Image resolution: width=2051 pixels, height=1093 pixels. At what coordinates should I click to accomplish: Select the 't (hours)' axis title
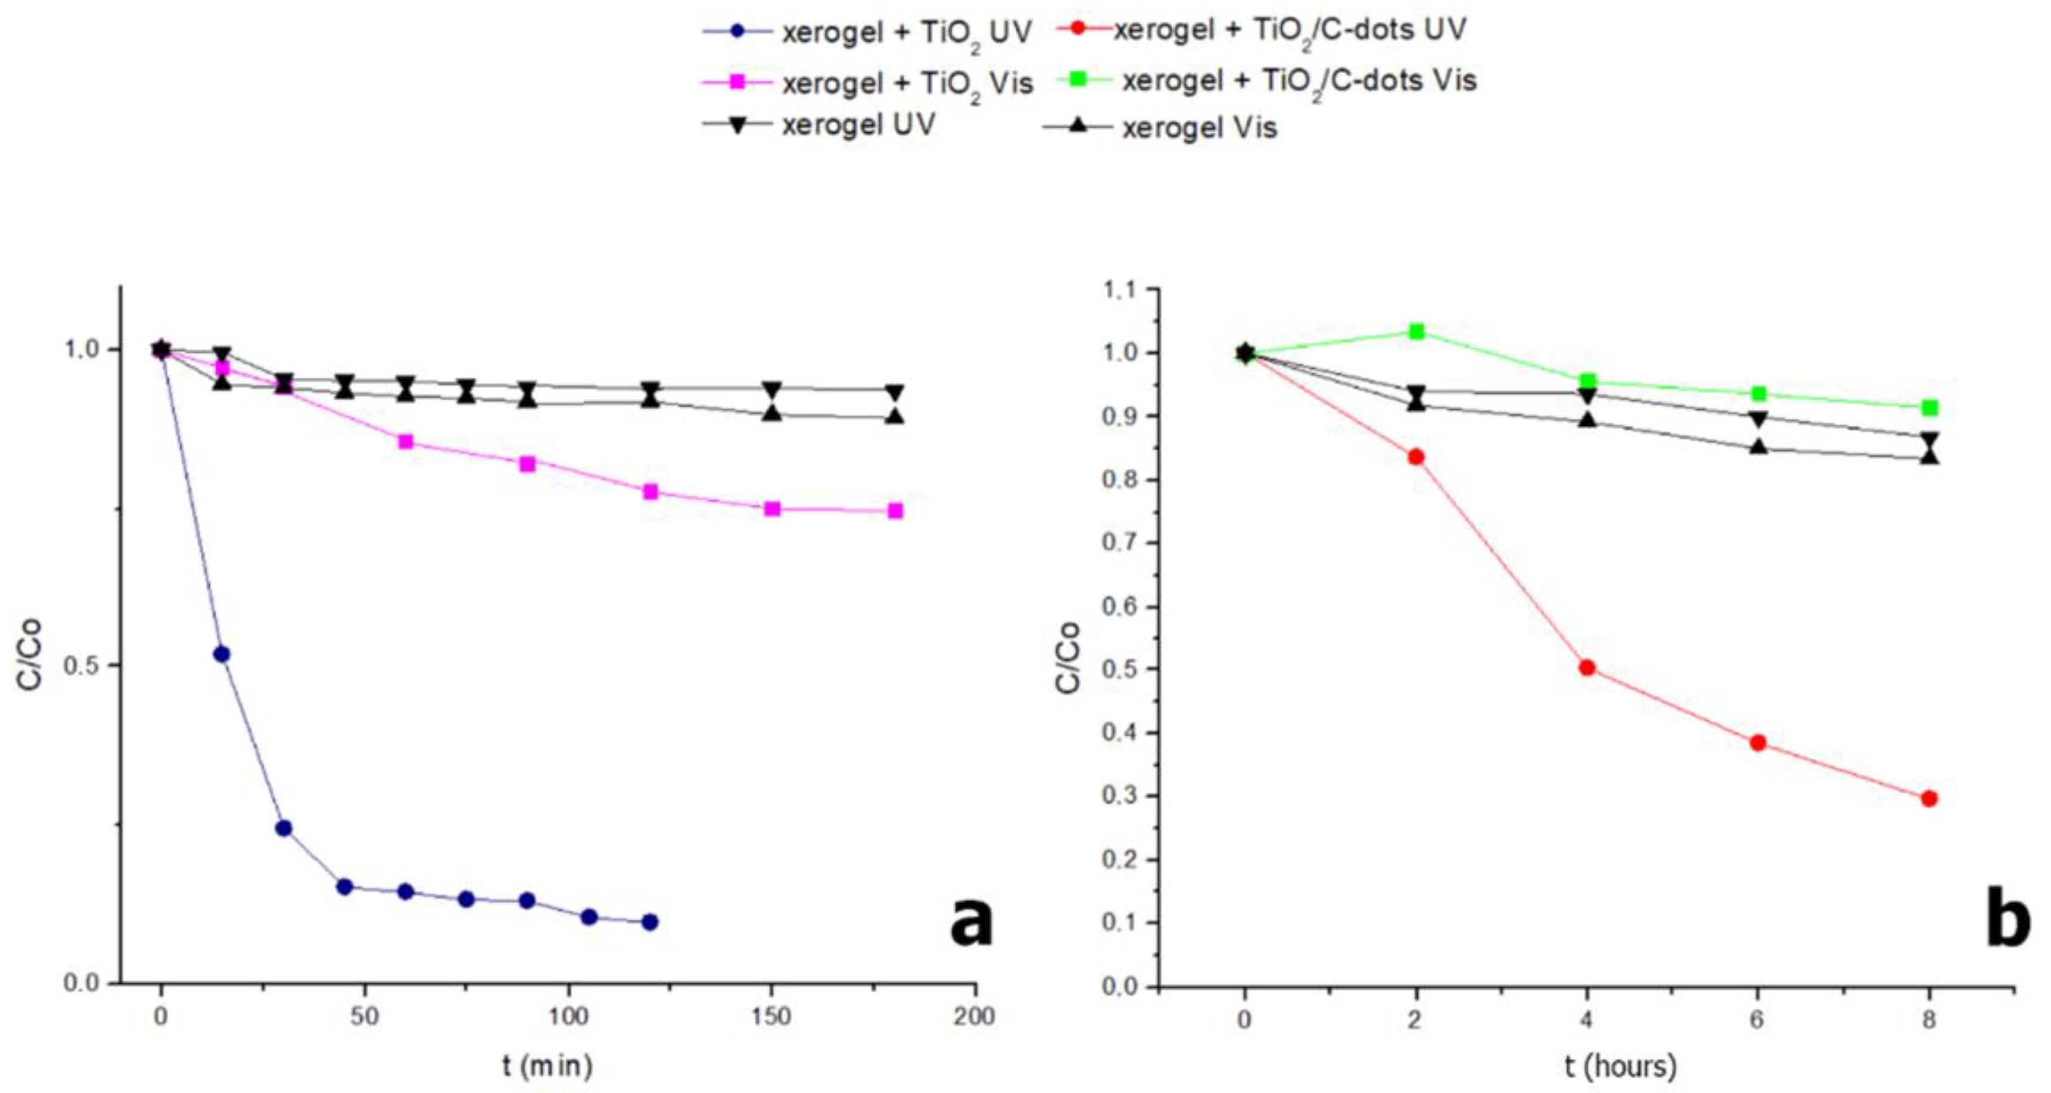click(1620, 1065)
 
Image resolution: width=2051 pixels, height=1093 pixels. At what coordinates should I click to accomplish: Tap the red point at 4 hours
click(1587, 668)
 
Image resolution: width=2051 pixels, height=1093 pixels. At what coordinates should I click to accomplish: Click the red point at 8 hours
click(1928, 798)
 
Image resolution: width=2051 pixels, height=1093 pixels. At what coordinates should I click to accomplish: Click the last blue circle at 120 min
click(650, 922)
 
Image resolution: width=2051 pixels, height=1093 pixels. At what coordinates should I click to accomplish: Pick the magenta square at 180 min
click(895, 510)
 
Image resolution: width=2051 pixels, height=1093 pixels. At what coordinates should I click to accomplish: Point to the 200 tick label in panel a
click(975, 1017)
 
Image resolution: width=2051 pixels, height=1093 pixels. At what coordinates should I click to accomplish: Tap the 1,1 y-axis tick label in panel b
click(1121, 291)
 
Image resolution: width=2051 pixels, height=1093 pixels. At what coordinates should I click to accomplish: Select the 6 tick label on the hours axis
click(1757, 1020)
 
